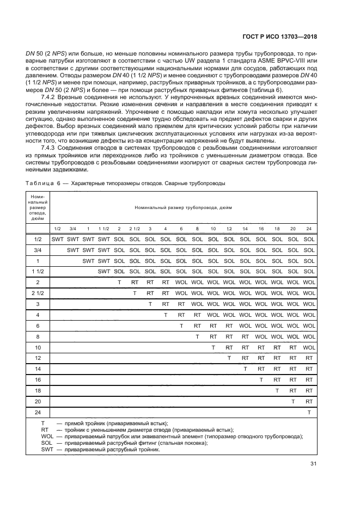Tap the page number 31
[313, 463]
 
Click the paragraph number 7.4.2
[49, 97]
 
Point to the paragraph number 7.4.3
[49, 148]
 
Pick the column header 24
[309, 228]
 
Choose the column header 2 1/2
[135, 228]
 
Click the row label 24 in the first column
[38, 412]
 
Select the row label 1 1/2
[38, 271]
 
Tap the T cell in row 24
[309, 412]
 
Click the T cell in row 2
[119, 282]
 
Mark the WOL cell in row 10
[309, 347]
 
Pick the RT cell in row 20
[309, 401]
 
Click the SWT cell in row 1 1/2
[103, 271]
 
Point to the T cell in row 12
[229, 358]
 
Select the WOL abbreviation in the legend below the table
[47, 436]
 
